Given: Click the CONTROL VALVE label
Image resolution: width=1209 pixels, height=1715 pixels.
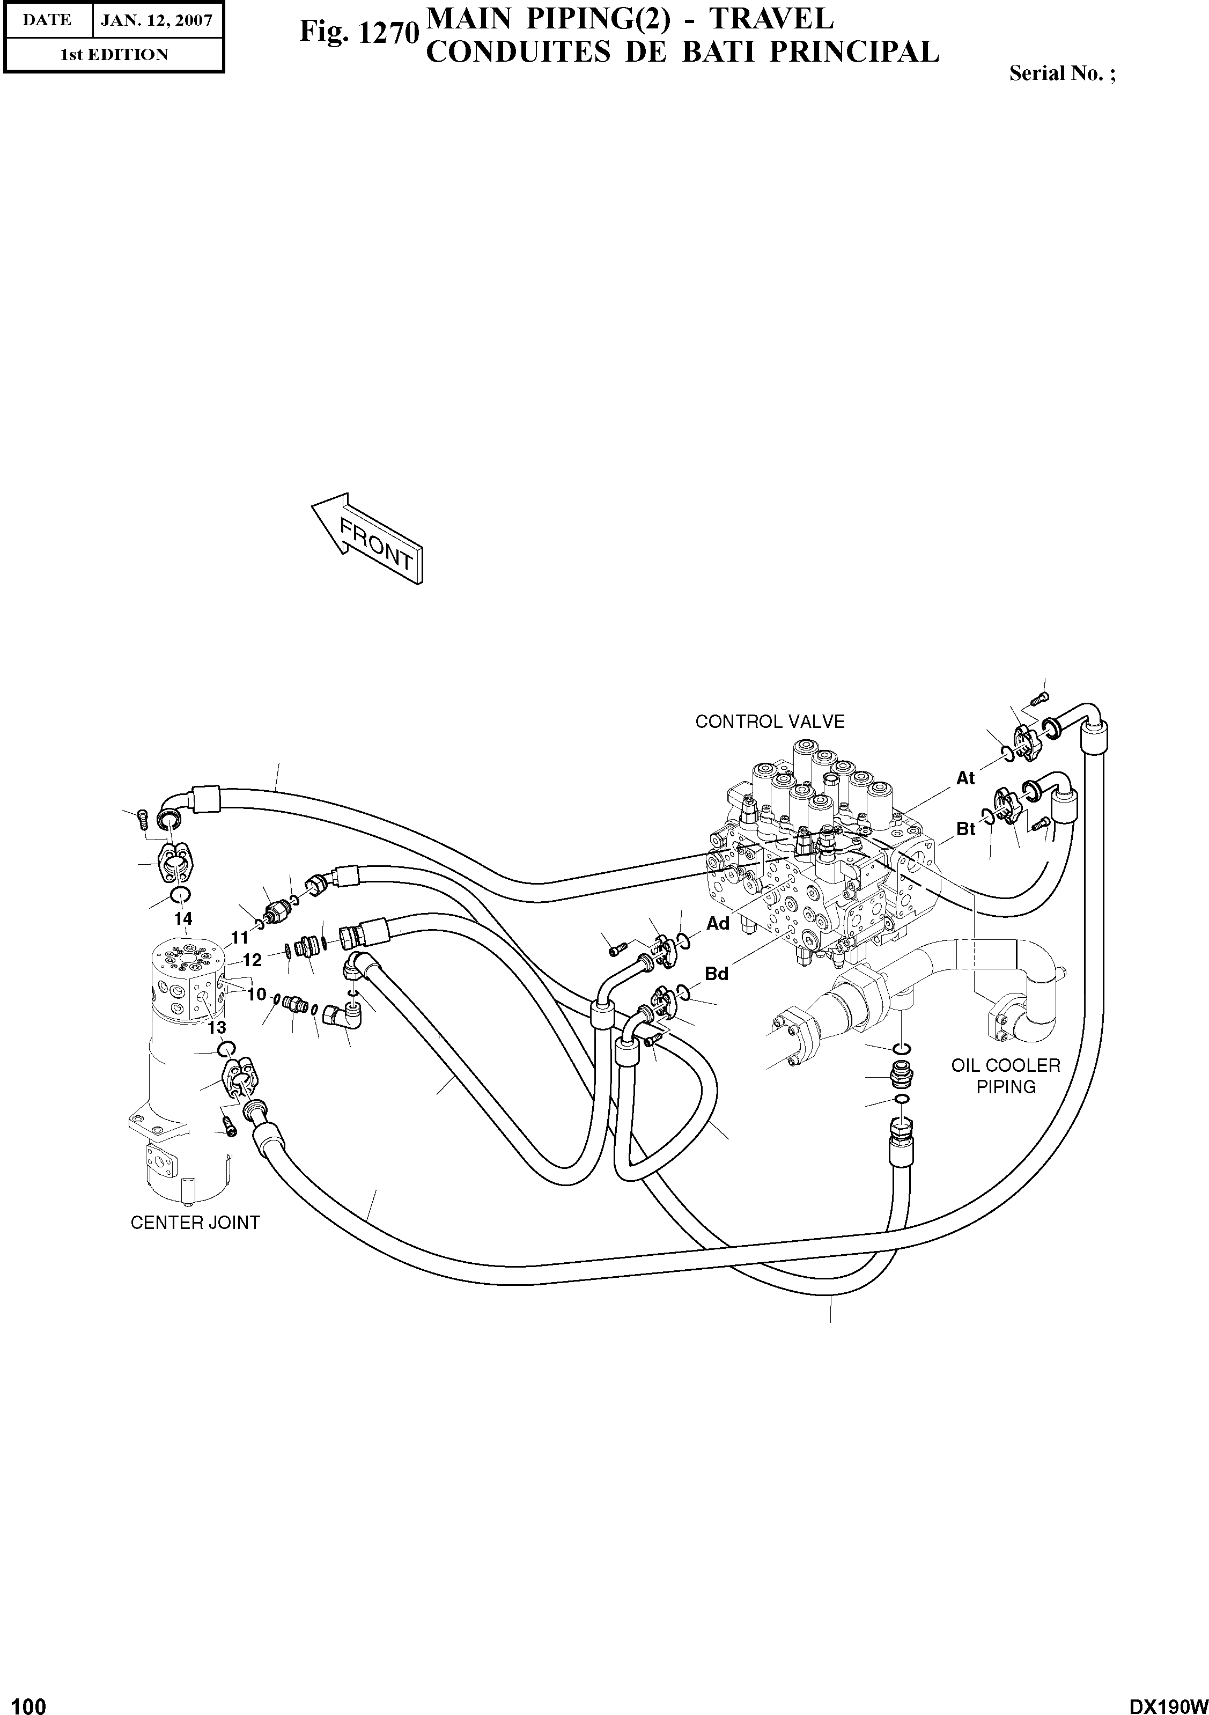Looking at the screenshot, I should (769, 722).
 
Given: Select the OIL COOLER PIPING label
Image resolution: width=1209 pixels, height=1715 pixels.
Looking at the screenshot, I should (1005, 1076).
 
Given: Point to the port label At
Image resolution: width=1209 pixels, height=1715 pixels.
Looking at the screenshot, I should (965, 778).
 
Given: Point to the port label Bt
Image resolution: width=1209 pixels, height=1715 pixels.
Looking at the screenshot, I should (965, 829).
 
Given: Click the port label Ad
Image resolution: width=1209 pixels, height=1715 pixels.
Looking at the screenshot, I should (718, 924).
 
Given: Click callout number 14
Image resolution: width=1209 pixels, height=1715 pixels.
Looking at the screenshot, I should (183, 919).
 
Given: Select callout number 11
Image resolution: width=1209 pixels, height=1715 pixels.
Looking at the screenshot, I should (240, 937).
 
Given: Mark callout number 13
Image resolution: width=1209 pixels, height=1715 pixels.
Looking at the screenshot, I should (217, 1028).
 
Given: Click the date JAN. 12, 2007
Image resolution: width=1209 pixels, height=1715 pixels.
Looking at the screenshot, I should (157, 20).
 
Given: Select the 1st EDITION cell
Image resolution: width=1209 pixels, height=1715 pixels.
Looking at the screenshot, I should (114, 55).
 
